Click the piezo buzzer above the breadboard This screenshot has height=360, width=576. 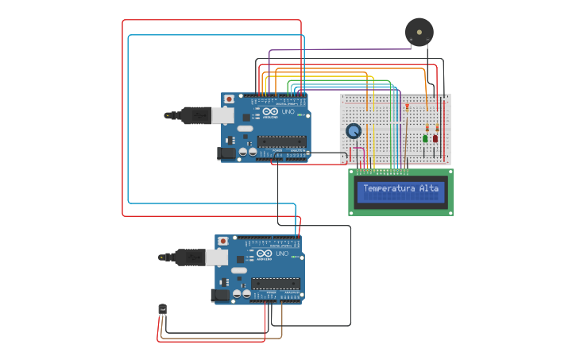click(419, 32)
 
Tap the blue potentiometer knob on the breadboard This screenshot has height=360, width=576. click(354, 131)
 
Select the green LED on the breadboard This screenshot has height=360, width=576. click(425, 139)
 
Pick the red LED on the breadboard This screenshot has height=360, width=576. click(435, 139)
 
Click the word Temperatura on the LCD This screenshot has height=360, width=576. click(389, 188)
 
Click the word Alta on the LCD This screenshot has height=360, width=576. click(429, 188)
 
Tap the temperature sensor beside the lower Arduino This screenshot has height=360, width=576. click(163, 308)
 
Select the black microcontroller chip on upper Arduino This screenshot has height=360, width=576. click(281, 142)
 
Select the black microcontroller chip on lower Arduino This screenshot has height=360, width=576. click(276, 283)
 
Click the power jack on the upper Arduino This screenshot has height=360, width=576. click(228, 153)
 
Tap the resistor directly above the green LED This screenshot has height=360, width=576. click(427, 127)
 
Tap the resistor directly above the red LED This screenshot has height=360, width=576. click(436, 127)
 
